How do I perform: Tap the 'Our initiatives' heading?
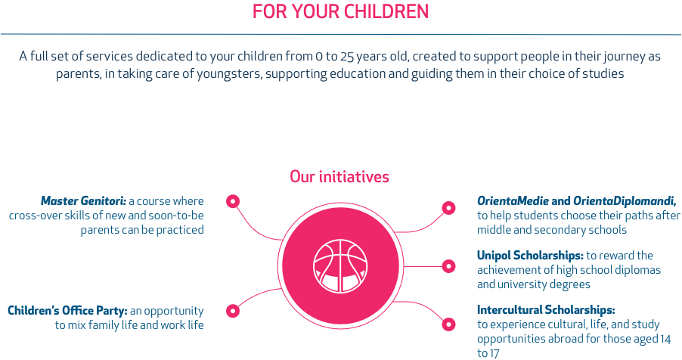click(x=339, y=177)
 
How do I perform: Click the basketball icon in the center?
click(x=340, y=265)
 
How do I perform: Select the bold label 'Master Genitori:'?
click(x=83, y=201)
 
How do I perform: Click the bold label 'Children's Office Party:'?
click(x=67, y=311)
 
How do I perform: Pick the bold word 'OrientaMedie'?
click(x=513, y=201)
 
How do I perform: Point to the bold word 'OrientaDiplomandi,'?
click(x=625, y=201)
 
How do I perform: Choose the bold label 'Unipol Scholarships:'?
click(x=530, y=256)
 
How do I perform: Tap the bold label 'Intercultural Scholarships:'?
click(x=546, y=310)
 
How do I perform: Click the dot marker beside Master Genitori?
click(x=233, y=201)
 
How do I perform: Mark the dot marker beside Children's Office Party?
click(x=233, y=311)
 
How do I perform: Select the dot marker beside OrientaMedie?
click(x=448, y=208)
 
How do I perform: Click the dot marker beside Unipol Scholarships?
click(x=448, y=266)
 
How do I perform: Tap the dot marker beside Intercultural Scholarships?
click(x=448, y=324)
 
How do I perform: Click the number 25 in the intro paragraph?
click(x=347, y=57)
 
